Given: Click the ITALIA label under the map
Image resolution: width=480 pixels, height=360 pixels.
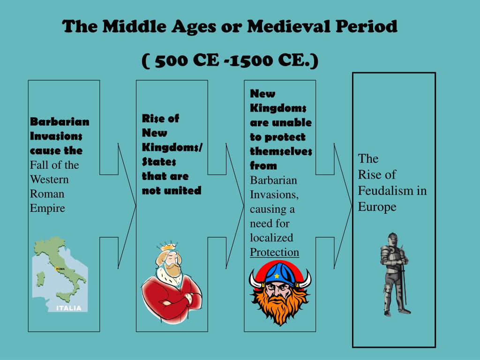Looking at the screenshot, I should pos(69,308).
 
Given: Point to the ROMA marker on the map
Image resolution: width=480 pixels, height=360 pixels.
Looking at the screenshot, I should pos(60,269).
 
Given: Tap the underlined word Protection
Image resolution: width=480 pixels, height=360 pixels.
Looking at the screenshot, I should pos(274,252).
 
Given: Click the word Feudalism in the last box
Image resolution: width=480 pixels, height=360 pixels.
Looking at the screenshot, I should pos(387,191).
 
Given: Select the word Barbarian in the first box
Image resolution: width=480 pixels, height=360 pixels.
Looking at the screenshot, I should pos(60,121).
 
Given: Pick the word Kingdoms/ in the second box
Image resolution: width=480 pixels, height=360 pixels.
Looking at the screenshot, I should pos(172,147).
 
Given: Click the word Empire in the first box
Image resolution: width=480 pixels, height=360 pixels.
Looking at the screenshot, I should pos(47,208).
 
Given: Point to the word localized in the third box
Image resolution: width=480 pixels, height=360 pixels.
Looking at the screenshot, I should pos(271,238).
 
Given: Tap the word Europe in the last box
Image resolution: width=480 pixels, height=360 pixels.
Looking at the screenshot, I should pos(377,207).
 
